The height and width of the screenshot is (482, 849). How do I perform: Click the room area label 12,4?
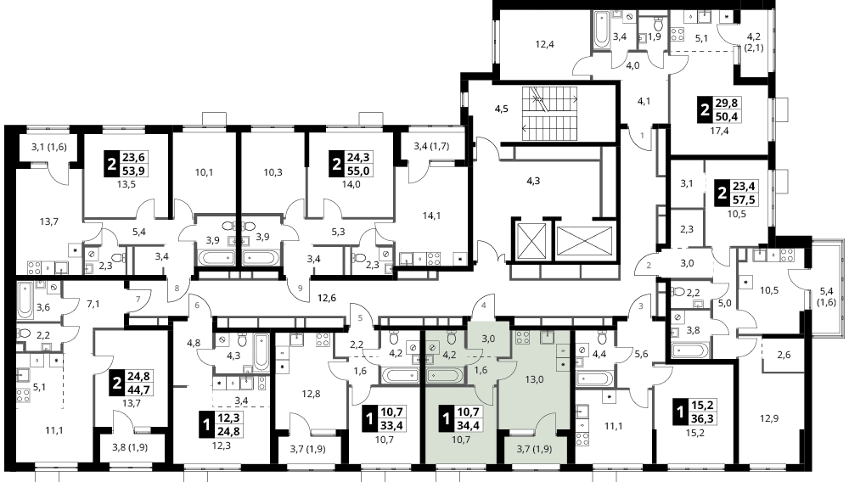[545, 44]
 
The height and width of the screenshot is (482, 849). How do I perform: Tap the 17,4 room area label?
[719, 131]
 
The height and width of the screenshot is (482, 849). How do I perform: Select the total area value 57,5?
[744, 200]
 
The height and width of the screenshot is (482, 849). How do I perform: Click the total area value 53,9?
[135, 171]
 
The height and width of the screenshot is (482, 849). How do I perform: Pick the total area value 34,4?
[469, 425]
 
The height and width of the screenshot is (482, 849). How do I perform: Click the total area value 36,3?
[702, 418]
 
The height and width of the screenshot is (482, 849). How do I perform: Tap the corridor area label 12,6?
[327, 297]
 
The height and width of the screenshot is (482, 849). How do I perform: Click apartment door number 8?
[177, 289]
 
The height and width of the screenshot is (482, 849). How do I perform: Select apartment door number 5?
[360, 318]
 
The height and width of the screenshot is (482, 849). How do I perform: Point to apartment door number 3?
[642, 306]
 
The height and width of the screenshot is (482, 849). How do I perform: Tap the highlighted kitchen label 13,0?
[534, 379]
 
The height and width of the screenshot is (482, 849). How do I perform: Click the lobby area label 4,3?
[533, 181]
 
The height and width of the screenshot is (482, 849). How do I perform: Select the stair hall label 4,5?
[502, 108]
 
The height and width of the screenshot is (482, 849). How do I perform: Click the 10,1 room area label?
[204, 172]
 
